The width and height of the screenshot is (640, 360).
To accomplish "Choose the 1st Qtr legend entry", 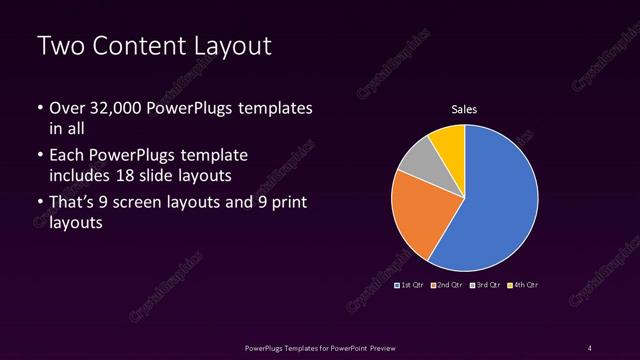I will pos(410,286).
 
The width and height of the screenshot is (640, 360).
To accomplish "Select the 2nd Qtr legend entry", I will pos(446,286).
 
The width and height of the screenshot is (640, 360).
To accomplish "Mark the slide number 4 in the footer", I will pos(590,347).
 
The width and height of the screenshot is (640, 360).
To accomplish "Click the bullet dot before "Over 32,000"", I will pos(39,108).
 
